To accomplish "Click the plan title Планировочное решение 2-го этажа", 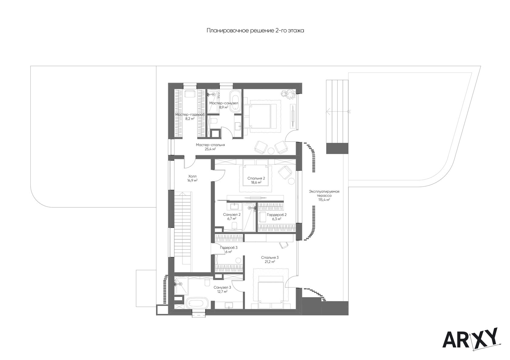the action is click(255, 30).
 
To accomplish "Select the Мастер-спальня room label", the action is click(210, 145).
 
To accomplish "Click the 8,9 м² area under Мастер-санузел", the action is click(223, 107).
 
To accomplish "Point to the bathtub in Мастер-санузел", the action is click(234, 101).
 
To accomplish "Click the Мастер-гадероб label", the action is click(190, 115).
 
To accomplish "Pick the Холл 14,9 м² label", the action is click(192, 178).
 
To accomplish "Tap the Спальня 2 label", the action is click(256, 178).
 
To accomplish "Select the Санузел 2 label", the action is click(232, 214).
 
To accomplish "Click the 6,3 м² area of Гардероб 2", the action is click(277, 219).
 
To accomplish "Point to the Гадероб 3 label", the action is click(229, 247).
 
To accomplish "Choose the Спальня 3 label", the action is click(270, 257).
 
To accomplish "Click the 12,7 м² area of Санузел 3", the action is click(222, 291).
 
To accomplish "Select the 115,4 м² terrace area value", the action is click(324, 200).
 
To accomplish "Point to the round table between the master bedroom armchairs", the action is click(271, 150).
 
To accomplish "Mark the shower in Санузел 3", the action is click(181, 286).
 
